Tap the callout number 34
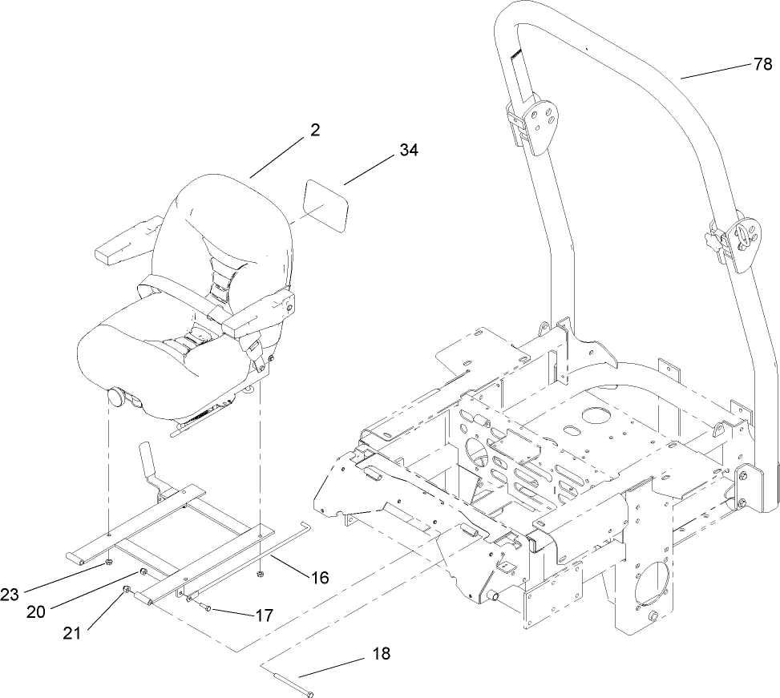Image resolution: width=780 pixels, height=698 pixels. pyautogui.click(x=408, y=149)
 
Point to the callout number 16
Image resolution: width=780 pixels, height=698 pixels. pyautogui.click(x=319, y=577)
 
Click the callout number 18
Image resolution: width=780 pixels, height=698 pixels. pyautogui.click(x=381, y=654)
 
